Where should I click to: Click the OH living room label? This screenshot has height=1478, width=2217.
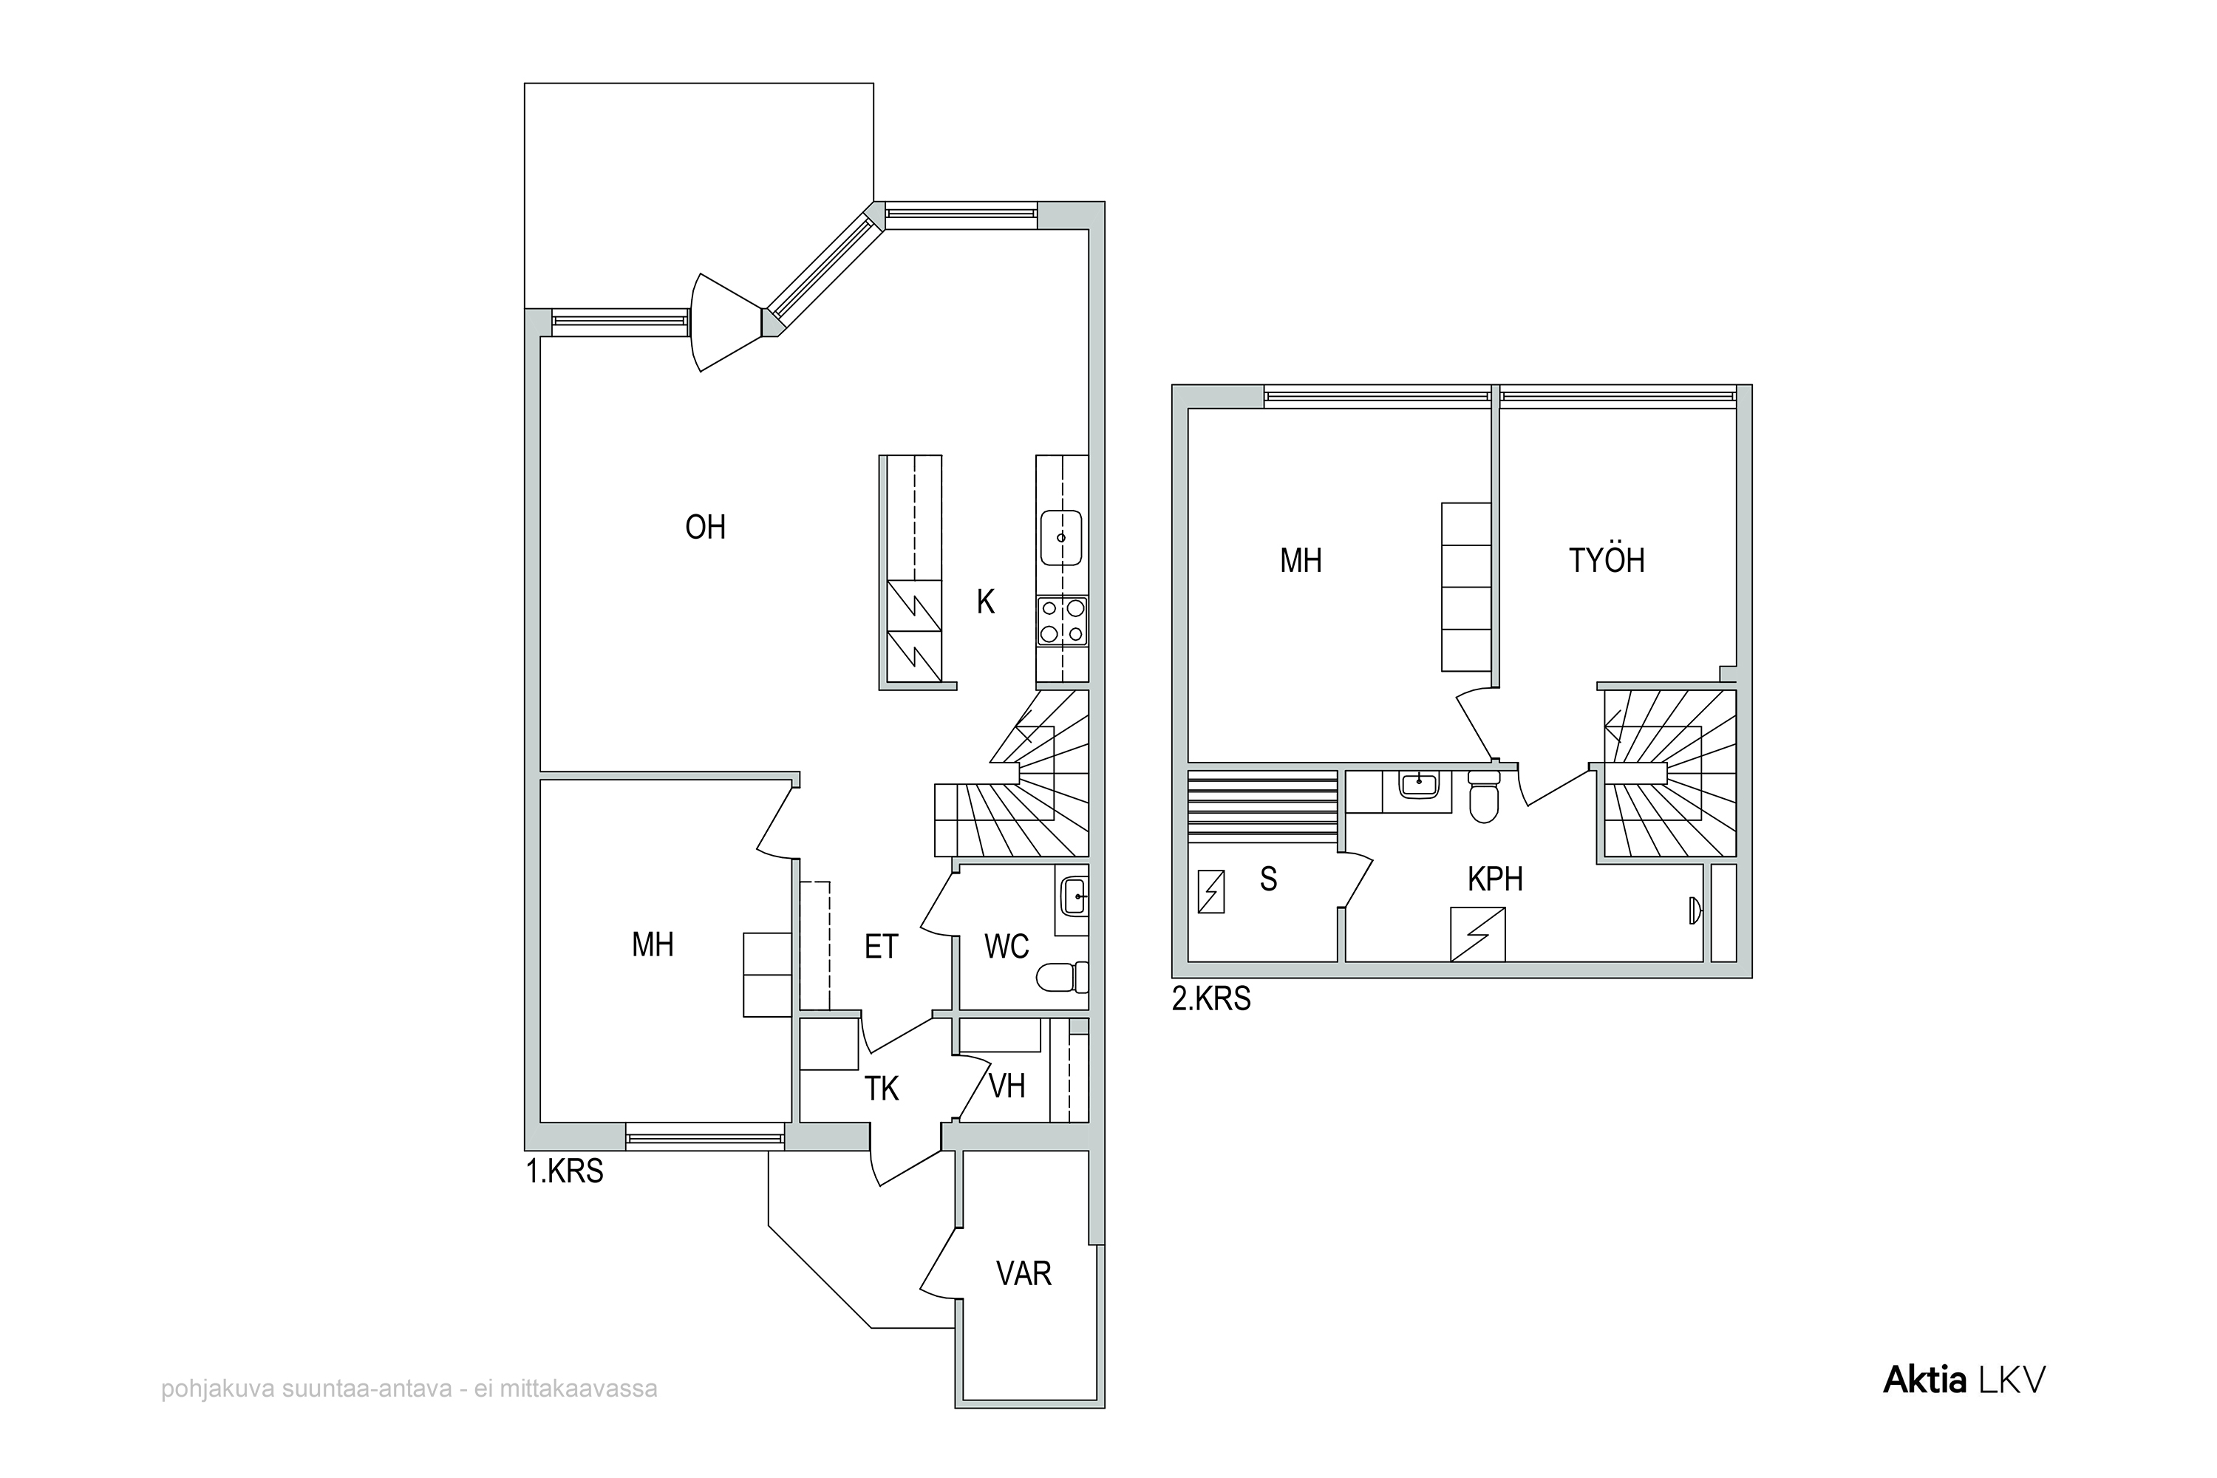(x=705, y=527)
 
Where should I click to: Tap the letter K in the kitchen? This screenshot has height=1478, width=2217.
(x=985, y=602)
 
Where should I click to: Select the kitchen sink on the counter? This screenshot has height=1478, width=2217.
(x=1061, y=537)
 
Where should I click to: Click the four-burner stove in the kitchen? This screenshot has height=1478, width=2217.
(x=1063, y=622)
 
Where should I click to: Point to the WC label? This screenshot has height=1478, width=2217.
(x=1007, y=947)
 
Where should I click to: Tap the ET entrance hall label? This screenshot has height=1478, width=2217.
(x=882, y=947)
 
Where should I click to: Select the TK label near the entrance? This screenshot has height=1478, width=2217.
(x=882, y=1089)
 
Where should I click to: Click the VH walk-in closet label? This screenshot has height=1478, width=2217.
(x=1007, y=1086)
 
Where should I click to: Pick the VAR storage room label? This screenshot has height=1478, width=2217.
(x=1024, y=1273)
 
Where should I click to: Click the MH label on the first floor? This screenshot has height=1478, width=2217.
(x=653, y=944)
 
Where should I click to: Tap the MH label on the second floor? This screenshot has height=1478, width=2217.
(x=1301, y=561)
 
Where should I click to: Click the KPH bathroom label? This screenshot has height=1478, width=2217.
(x=1496, y=879)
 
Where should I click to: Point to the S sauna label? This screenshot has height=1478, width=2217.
(x=1269, y=879)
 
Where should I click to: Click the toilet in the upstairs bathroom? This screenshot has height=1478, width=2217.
(x=1484, y=797)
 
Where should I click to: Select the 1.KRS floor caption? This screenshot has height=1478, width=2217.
(x=565, y=1171)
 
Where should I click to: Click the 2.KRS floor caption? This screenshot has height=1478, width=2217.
(x=1211, y=998)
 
